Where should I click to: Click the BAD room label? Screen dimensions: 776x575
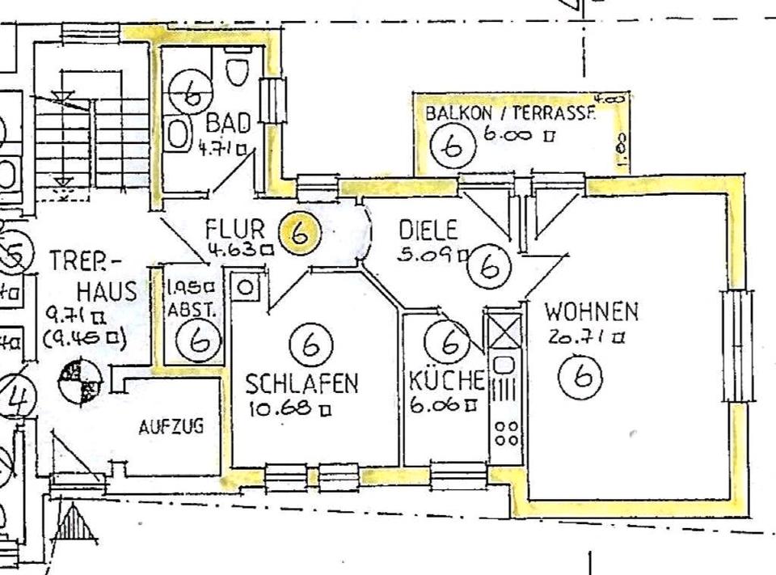223,124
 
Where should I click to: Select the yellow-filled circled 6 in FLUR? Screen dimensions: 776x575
298,234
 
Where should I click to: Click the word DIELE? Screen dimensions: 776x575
428,230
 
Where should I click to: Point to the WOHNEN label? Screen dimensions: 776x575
591,311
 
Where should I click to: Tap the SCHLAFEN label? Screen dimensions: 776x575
302,383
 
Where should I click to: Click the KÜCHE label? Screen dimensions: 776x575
446,379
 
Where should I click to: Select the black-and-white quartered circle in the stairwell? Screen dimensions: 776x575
82,381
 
